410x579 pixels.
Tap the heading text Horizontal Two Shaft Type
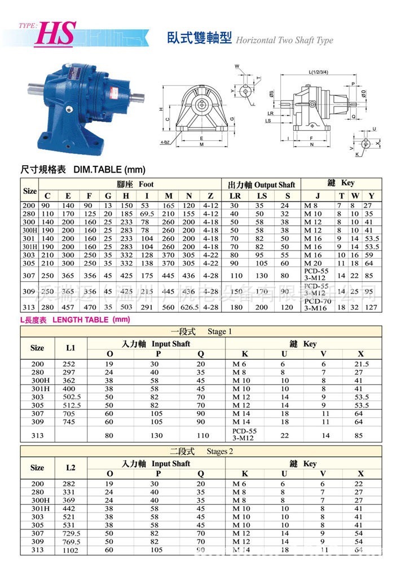pos(284,41)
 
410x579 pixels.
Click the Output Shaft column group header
pos(261,185)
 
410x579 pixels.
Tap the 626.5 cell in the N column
pos(191,307)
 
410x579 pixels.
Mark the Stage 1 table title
pos(201,331)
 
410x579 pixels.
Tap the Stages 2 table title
pos(200,452)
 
